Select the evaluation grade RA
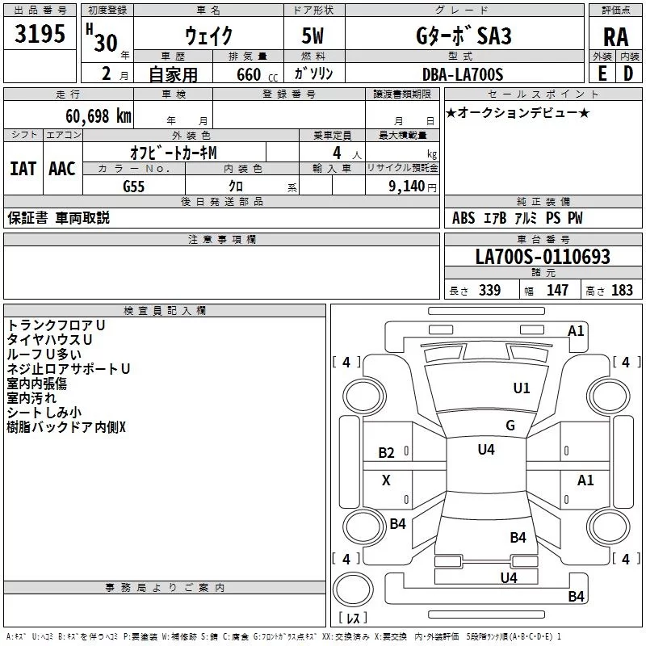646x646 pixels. click(615, 36)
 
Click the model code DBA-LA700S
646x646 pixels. click(462, 75)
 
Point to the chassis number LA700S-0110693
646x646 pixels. click(542, 258)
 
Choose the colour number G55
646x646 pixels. click(134, 186)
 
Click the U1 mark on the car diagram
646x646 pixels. click(522, 388)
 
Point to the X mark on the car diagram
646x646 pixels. click(386, 480)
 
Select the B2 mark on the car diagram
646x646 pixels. click(387, 453)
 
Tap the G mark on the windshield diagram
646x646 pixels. click(510, 426)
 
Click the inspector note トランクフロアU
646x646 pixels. click(57, 325)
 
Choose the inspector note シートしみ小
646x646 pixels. click(44, 412)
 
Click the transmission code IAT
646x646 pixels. click(23, 169)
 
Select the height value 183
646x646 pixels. click(623, 291)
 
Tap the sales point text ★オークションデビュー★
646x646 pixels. click(518, 113)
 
